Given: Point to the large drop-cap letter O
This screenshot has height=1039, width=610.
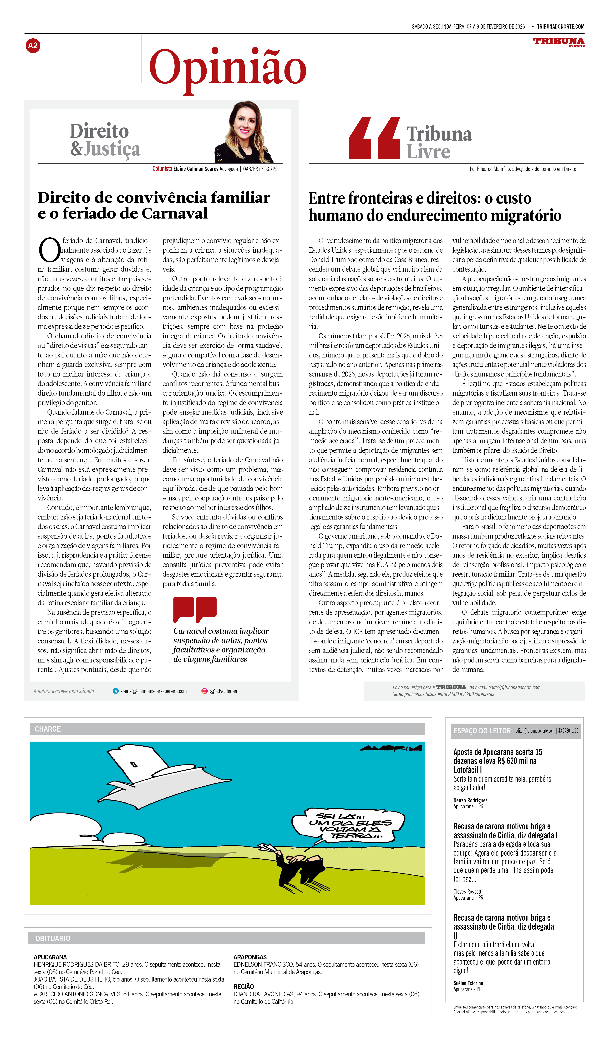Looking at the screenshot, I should tap(49, 250).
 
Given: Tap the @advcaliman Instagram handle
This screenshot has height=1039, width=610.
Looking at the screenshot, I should tap(223, 691).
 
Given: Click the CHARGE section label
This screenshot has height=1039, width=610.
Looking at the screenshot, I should tap(48, 729).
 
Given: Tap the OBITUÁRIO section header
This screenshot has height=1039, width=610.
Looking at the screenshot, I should tap(53, 938).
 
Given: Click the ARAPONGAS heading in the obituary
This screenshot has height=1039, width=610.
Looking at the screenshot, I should tap(250, 957).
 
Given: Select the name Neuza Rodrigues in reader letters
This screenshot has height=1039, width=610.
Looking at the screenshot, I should tap(470, 801).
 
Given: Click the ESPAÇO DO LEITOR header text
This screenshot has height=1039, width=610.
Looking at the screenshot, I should tap(482, 731).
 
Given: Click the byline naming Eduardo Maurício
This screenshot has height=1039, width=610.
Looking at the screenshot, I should tap(523, 169).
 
